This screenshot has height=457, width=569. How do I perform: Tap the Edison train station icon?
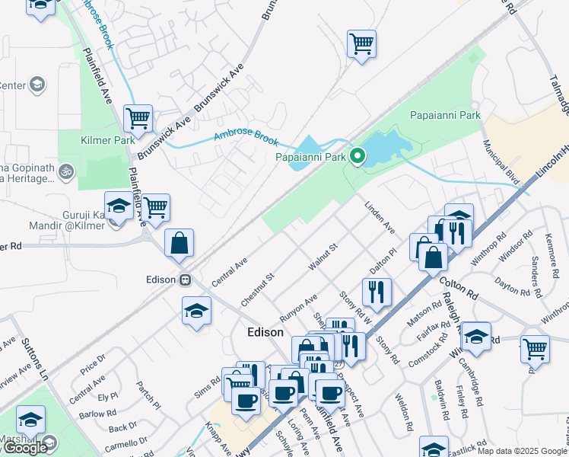tap(185, 280)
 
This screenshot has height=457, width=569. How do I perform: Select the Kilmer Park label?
tap(107, 139)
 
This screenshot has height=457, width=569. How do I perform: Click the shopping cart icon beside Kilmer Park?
tap(138, 119)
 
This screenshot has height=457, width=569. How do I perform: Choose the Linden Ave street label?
tap(380, 217)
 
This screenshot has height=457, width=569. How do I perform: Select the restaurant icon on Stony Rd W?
tap(377, 291)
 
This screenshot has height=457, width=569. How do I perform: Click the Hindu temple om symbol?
tap(66, 171)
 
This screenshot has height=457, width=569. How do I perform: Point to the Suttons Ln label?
tap(35, 360)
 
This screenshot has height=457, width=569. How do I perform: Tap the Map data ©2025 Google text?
tap(522, 451)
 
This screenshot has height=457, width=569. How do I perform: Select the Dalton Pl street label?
tap(383, 260)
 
